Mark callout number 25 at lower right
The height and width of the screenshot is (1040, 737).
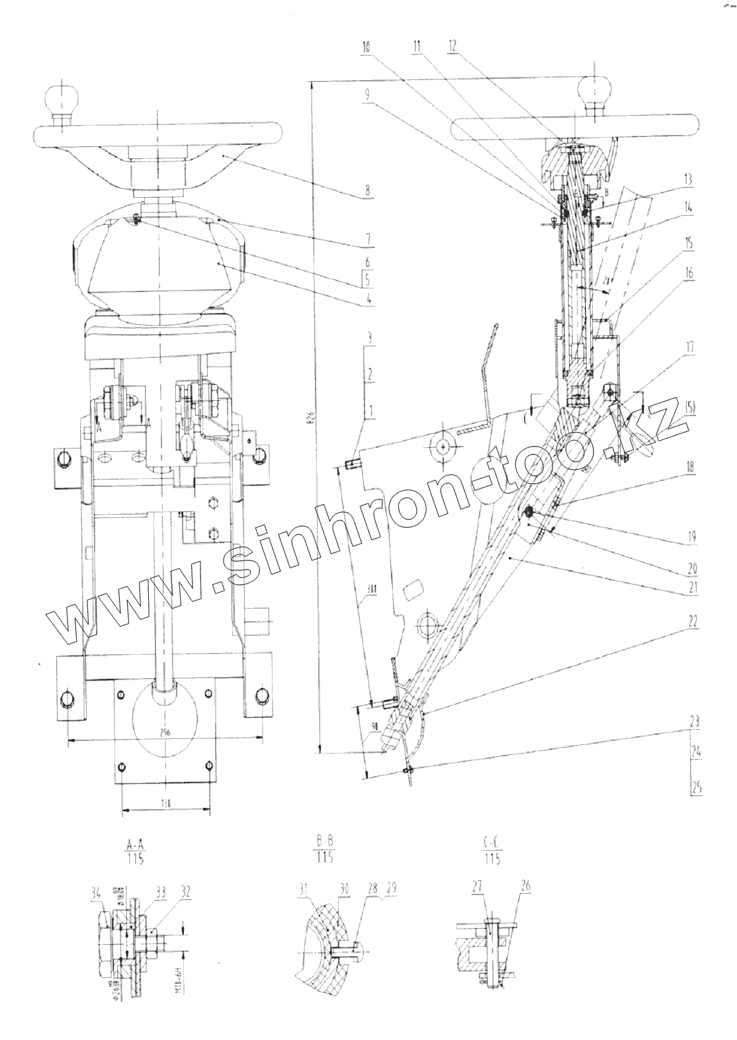click(696, 787)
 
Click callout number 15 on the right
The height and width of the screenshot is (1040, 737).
click(689, 243)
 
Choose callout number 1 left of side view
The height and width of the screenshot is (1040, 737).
click(371, 411)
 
